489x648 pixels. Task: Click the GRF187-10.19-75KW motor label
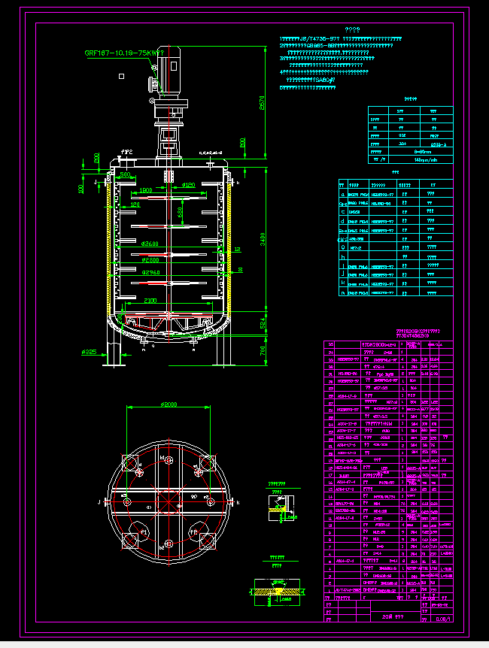123,53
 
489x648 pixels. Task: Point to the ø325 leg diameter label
88,351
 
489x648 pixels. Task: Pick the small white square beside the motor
120,75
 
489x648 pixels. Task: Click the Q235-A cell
436,143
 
